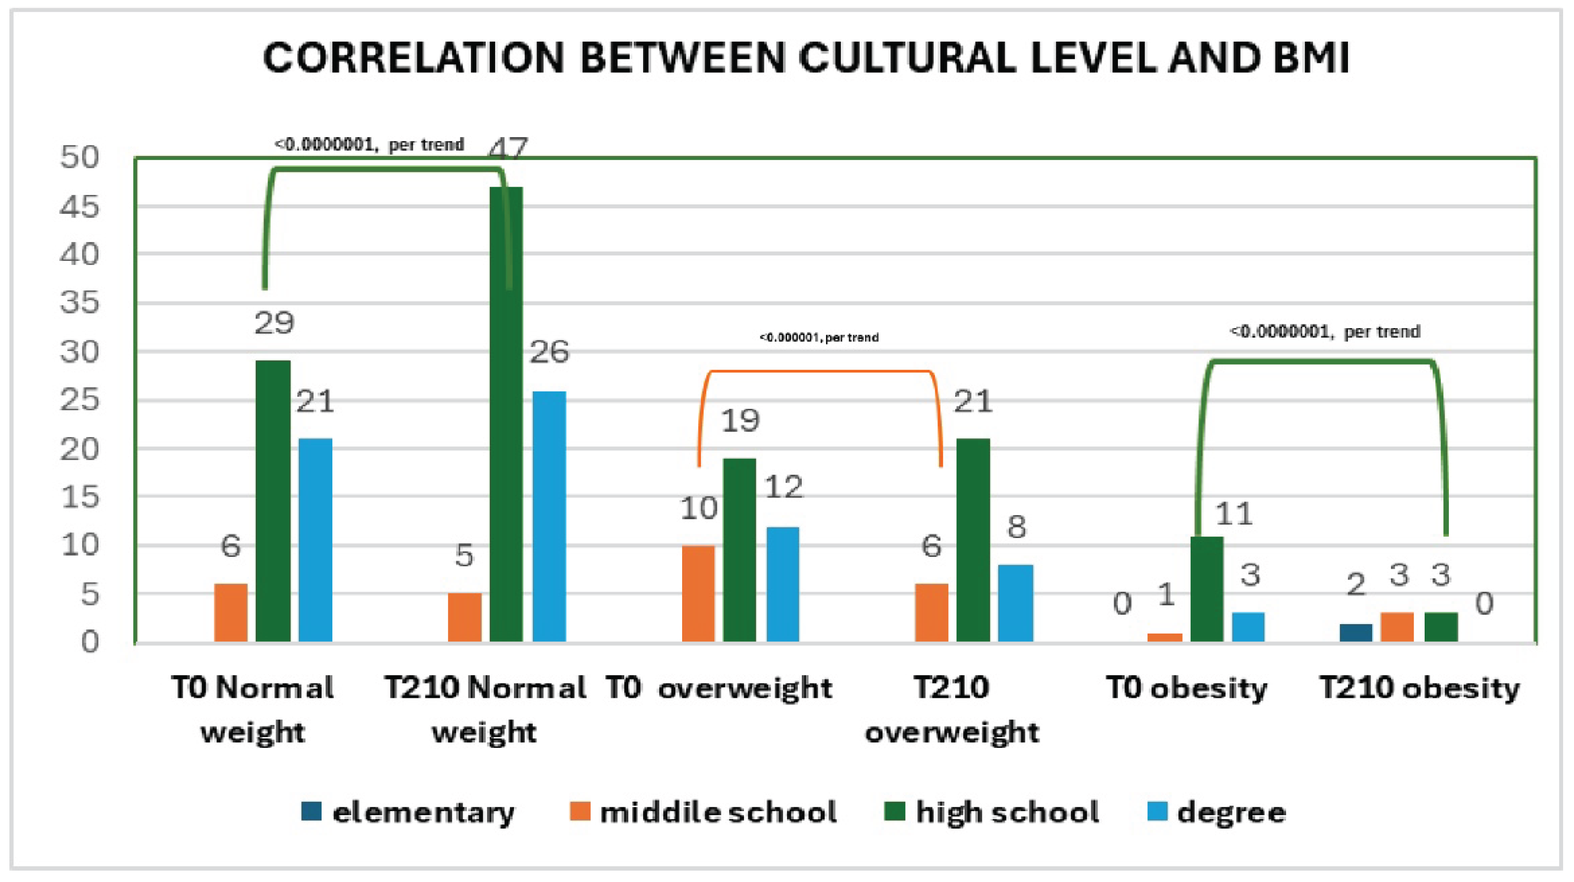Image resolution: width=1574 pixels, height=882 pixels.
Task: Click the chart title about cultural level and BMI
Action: pos(806,58)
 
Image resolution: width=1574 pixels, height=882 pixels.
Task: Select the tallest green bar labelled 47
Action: pos(507,414)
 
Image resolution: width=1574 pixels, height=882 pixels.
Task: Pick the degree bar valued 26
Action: pos(549,517)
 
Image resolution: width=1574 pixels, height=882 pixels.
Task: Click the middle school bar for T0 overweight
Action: pos(698,593)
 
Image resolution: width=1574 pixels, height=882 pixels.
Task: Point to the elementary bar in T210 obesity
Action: pos(1356,633)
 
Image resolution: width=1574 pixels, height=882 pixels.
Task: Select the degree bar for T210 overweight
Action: pos(1016,603)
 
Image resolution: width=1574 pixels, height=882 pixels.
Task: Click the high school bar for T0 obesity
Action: pos(1207,589)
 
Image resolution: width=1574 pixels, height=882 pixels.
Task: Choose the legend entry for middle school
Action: pos(703,812)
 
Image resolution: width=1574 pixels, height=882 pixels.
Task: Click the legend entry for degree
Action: pos(1217,812)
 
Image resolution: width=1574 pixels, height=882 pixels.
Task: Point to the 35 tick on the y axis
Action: pos(80,302)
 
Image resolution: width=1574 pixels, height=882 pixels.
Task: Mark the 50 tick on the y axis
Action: pos(80,157)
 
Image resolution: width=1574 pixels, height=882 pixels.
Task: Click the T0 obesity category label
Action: pos(1187,689)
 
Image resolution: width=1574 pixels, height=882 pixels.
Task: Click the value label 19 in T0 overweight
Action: pos(740,421)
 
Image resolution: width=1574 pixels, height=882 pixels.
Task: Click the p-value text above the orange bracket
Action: pos(819,338)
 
